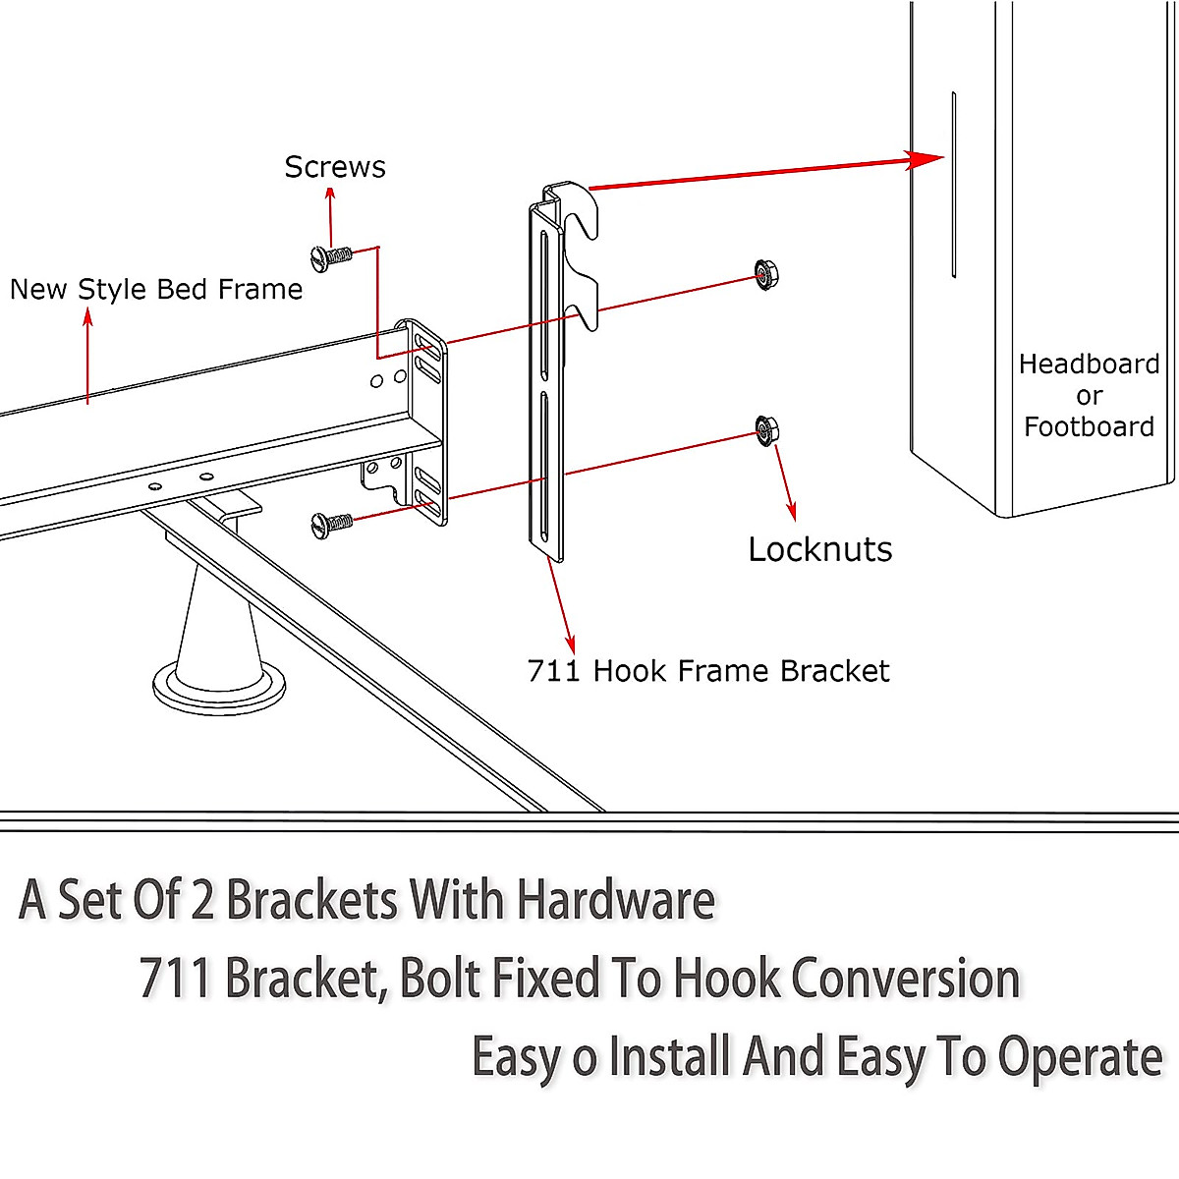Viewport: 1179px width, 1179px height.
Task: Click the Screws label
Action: (335, 167)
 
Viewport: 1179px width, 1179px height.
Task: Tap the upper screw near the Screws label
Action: (332, 257)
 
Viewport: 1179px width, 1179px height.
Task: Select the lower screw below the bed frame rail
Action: (332, 525)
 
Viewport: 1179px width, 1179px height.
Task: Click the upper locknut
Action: (766, 275)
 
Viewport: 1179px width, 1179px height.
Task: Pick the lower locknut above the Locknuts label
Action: (766, 430)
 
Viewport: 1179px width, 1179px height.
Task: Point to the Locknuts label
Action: (819, 549)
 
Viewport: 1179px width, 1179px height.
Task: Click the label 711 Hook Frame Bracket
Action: (707, 671)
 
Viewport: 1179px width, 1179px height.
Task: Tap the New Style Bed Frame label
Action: (156, 290)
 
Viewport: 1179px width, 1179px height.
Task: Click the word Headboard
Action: (1089, 365)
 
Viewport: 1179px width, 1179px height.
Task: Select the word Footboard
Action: (1089, 426)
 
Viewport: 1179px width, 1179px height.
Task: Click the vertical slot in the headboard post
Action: (954, 185)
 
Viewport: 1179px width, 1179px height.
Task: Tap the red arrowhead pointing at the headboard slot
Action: (925, 160)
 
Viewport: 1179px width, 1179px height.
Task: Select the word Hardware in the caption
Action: (616, 899)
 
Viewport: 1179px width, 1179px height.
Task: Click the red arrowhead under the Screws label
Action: (330, 195)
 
